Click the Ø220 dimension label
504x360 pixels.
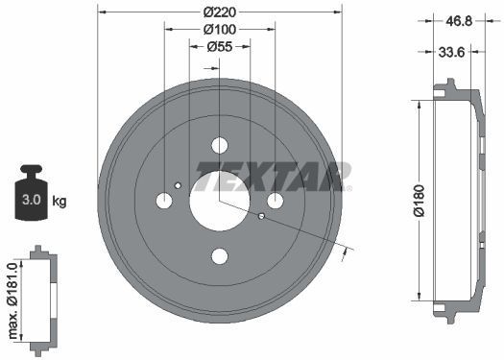click(219, 12)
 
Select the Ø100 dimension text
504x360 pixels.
click(219, 30)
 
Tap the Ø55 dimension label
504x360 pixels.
click(219, 48)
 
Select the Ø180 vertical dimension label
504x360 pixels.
click(419, 201)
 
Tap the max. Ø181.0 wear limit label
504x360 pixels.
click(12, 299)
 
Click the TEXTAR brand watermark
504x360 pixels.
click(273, 177)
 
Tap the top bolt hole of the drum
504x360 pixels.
click(219, 145)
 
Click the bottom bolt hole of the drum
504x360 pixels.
click(219, 255)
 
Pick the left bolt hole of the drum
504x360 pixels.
click(164, 201)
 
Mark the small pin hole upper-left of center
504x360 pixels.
click(179, 185)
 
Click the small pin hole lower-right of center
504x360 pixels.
click(261, 216)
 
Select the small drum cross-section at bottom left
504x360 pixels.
click(38, 299)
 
